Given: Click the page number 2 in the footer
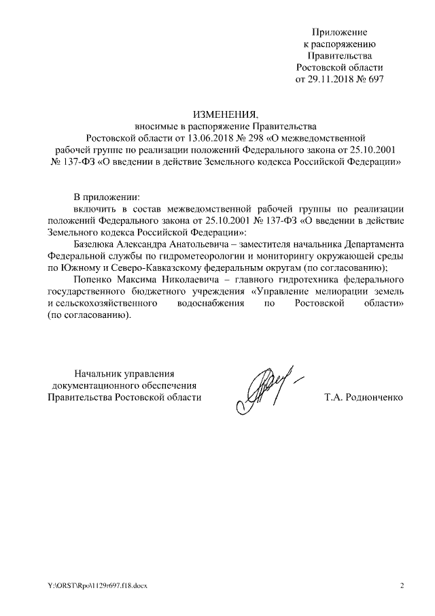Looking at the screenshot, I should pyautogui.click(x=402, y=586).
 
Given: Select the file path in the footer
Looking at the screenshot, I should pyautogui.click(x=103, y=586).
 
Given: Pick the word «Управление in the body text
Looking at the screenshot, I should pyautogui.click(x=281, y=291).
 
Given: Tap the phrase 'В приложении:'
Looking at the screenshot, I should pyautogui.click(x=105, y=196).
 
